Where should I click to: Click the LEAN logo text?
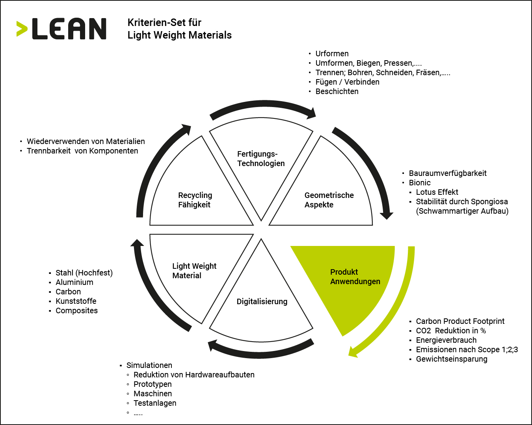[x=69, y=29]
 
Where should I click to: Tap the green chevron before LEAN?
[x=22, y=29]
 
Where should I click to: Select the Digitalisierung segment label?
[x=262, y=301]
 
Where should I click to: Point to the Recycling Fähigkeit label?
[x=195, y=200]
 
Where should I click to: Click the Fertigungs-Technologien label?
[x=261, y=159]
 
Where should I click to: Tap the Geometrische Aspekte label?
[x=329, y=200]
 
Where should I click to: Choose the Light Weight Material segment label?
[x=194, y=271]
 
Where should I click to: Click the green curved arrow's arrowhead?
[x=353, y=352]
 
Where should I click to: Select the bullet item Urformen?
[x=332, y=54]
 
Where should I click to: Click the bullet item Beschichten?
[x=337, y=91]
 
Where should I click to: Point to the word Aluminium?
[x=74, y=282]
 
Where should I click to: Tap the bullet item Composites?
[x=76, y=310]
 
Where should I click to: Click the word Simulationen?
[x=149, y=365]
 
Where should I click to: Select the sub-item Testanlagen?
[x=155, y=403]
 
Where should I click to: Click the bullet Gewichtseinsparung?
[x=452, y=359]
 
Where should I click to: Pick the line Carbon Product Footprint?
[x=460, y=321]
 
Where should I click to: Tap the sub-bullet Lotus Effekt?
[x=437, y=192]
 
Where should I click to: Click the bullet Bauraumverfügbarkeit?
[x=448, y=174]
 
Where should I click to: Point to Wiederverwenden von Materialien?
[x=86, y=142]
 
